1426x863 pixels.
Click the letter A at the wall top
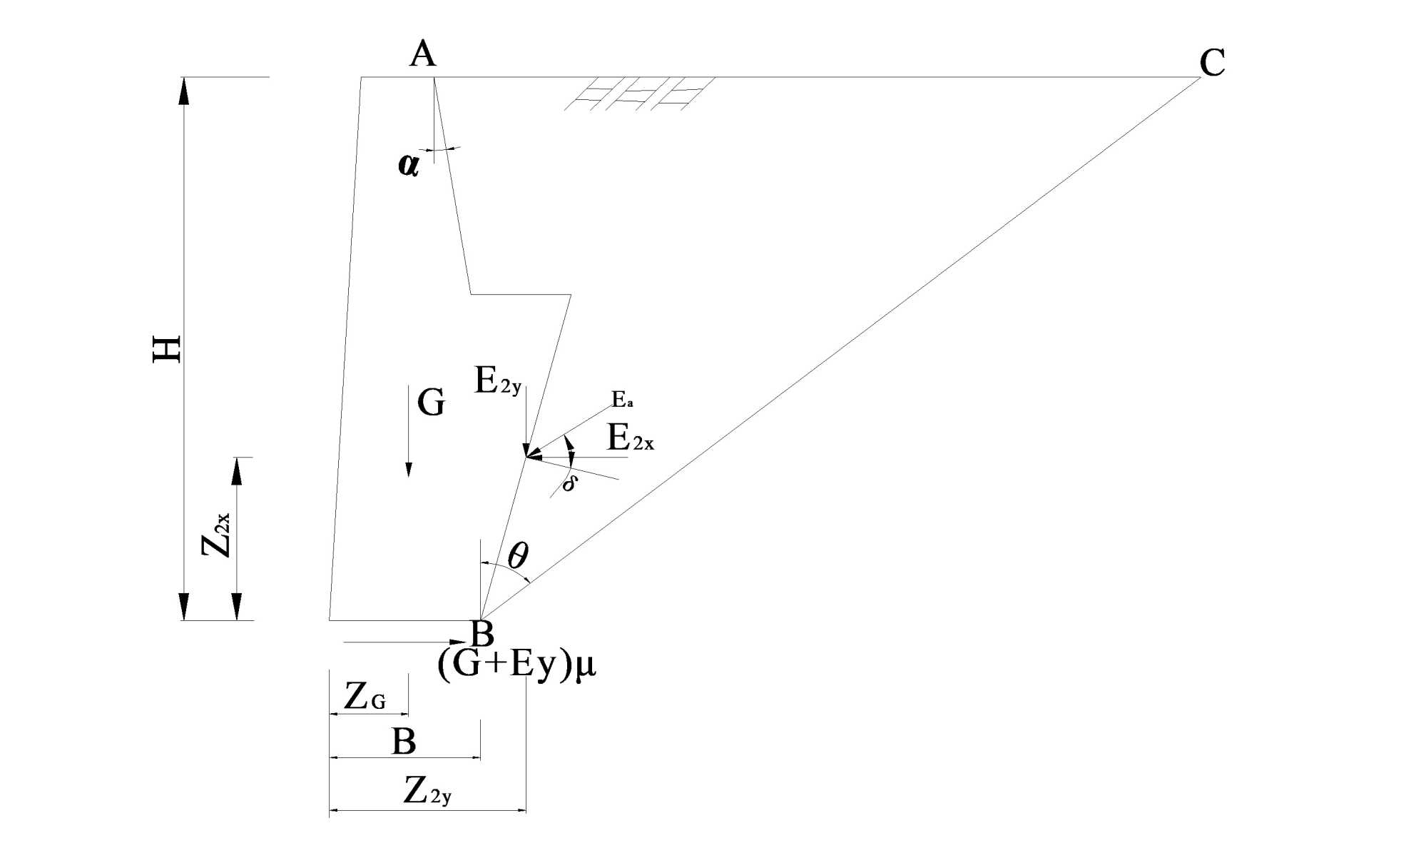(x=422, y=54)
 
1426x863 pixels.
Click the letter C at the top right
(x=1212, y=63)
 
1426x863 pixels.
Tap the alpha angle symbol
(x=408, y=165)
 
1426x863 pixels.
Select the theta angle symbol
(x=518, y=555)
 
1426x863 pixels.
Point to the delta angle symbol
(x=569, y=484)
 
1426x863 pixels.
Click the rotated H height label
(x=168, y=348)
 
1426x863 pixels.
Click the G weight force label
(x=431, y=403)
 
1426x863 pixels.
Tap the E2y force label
(x=498, y=381)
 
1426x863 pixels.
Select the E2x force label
(x=630, y=438)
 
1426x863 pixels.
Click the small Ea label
(x=622, y=400)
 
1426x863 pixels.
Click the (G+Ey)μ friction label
(x=516, y=665)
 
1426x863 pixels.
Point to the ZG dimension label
(x=365, y=697)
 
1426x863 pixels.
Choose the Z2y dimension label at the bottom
(x=427, y=791)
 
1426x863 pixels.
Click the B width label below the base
(x=404, y=742)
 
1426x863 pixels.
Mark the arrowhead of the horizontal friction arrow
(x=456, y=642)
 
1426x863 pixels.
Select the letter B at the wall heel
(x=483, y=632)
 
